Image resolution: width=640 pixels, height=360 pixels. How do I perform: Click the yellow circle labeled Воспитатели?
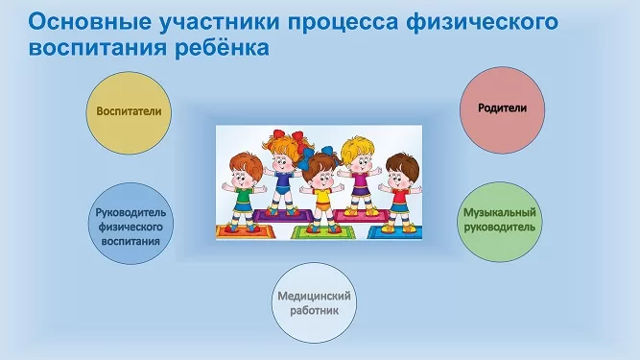pyautogui.click(x=129, y=112)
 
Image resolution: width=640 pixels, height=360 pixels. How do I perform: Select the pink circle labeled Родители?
pyautogui.click(x=502, y=110)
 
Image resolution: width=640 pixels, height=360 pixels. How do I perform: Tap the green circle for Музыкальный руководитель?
pyautogui.click(x=500, y=222)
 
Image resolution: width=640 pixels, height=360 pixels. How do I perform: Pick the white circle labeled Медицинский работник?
pyautogui.click(x=314, y=302)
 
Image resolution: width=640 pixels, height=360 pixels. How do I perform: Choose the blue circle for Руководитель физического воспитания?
pyautogui.click(x=130, y=224)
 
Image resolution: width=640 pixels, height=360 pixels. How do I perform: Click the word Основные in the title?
pyautogui.click(x=90, y=22)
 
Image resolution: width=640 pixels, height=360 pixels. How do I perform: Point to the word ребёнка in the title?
pyautogui.click(x=222, y=48)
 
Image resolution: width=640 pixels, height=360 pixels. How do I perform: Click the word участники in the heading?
pyautogui.click(x=220, y=23)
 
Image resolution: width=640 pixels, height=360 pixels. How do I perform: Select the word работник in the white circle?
pyautogui.click(x=315, y=311)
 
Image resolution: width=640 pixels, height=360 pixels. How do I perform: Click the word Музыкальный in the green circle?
pyautogui.click(x=500, y=213)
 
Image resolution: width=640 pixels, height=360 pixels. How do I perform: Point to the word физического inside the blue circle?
pyautogui.click(x=130, y=227)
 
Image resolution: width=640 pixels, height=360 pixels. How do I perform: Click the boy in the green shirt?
pyautogui.click(x=244, y=192)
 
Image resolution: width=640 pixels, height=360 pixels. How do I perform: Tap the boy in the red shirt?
pyautogui.click(x=400, y=193)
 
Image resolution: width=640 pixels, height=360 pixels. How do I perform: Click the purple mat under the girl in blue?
pyautogui.click(x=283, y=216)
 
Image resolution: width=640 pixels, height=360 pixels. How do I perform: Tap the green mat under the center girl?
pyautogui.click(x=322, y=232)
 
